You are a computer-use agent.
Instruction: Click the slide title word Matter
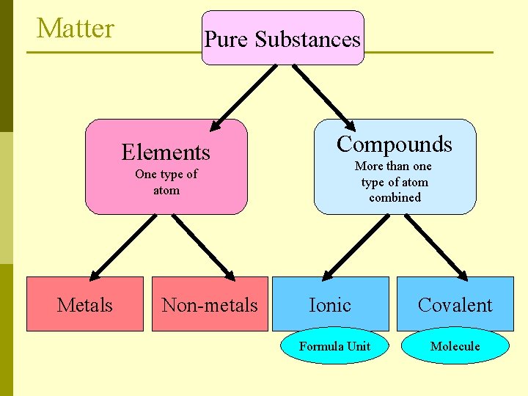click(76, 29)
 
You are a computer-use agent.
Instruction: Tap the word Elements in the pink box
click(166, 152)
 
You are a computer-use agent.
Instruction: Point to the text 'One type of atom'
click(166, 182)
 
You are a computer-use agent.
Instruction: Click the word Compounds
click(395, 144)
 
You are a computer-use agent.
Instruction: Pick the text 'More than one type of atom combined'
click(395, 182)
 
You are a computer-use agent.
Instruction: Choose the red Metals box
click(85, 304)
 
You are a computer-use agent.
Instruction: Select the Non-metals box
click(210, 304)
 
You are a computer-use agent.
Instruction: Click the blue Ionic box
click(330, 304)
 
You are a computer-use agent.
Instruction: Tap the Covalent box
click(455, 304)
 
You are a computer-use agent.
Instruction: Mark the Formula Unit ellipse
click(334, 346)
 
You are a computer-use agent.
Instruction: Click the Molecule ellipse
click(455, 346)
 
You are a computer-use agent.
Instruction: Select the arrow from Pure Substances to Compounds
click(323, 95)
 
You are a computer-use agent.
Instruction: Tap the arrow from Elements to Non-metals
click(204, 247)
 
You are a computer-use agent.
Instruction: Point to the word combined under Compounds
click(395, 197)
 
